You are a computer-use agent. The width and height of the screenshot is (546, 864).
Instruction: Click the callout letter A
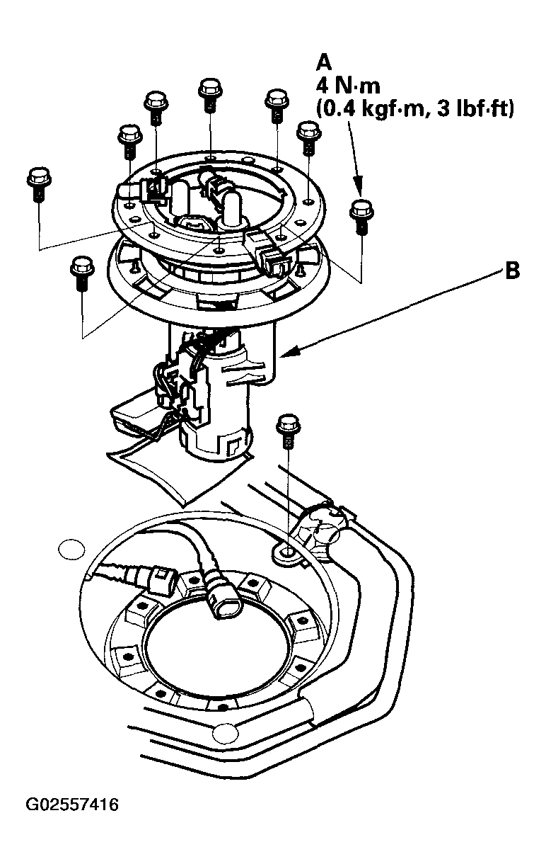(324, 63)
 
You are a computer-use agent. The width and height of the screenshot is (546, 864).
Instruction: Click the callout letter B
(512, 271)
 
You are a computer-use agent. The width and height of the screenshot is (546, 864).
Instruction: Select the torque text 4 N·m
(348, 86)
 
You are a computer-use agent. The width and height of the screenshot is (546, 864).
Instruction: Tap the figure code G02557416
(72, 805)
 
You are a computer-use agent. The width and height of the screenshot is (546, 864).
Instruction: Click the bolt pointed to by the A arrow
(361, 217)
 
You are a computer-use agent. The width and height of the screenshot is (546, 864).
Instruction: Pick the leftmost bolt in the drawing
(40, 184)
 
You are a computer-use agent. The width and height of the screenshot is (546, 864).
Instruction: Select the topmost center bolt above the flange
(211, 95)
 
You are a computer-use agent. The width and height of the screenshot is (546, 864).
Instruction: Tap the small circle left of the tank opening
(71, 548)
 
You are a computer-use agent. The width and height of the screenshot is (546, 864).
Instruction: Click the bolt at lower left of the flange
(83, 273)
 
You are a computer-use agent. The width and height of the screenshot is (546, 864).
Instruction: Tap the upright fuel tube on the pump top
(233, 208)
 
